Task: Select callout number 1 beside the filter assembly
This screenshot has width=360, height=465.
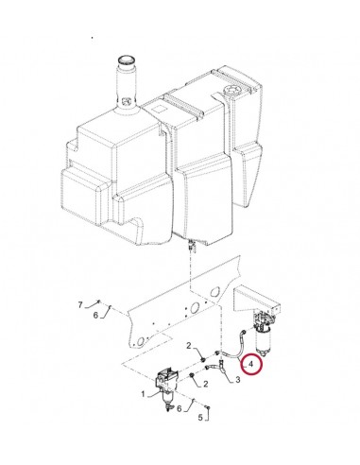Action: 143,392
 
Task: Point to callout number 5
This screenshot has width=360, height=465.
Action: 198,416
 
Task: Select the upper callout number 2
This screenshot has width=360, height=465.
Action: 189,346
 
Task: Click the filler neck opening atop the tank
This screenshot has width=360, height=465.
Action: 124,63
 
